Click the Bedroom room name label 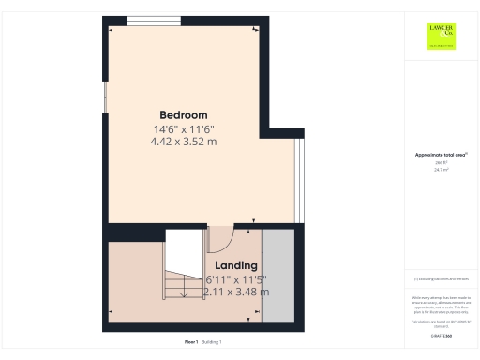[x=183, y=115]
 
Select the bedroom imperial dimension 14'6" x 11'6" [x=184, y=128]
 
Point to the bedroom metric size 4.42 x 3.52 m [x=184, y=142]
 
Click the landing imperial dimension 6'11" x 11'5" [x=236, y=279]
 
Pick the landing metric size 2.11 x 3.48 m [x=236, y=292]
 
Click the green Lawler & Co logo [x=441, y=37]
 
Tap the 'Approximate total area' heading [x=441, y=155]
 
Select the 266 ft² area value [x=440, y=163]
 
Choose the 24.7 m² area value [x=440, y=170]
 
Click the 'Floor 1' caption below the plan [x=191, y=342]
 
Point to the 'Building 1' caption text [x=213, y=342]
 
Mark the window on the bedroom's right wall [x=300, y=178]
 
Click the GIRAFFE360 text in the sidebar [x=441, y=335]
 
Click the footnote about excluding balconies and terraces [x=441, y=279]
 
